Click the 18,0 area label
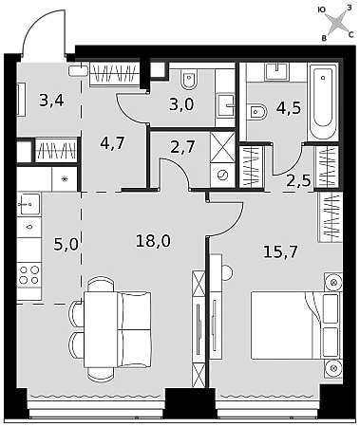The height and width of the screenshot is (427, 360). [153, 241]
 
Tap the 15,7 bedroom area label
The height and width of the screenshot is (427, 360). [280, 252]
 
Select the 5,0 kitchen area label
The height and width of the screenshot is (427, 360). [66, 245]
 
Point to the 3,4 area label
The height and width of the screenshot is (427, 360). [52, 101]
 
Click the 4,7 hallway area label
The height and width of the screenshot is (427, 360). [112, 143]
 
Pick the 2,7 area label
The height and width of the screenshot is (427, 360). [182, 147]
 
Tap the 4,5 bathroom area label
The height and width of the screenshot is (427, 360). [289, 108]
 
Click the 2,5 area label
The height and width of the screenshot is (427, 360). [298, 181]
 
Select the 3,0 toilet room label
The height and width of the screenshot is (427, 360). [181, 104]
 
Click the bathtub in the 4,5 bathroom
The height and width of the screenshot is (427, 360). [323, 102]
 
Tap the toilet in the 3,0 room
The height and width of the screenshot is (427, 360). [189, 81]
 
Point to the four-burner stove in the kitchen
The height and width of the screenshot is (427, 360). [29, 275]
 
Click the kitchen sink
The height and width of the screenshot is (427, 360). [28, 204]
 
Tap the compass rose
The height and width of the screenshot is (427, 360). [337, 23]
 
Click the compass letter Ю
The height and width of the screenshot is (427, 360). [321, 10]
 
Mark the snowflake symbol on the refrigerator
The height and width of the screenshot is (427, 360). [65, 179]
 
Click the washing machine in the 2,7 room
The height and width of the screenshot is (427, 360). [222, 176]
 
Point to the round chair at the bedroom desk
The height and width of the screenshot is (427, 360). [228, 272]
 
